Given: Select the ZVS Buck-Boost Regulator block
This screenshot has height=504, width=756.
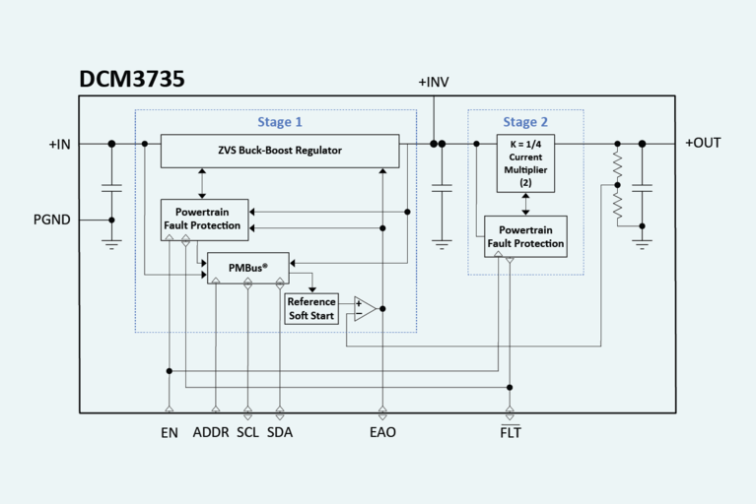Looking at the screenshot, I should click(280, 151).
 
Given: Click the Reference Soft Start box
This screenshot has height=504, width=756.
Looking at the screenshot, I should click(311, 308).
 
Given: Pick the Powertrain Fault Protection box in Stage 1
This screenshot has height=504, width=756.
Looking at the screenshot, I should click(205, 218).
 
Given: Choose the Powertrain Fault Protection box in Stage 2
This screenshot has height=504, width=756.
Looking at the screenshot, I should click(525, 236).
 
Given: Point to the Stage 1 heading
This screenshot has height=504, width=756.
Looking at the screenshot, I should click(280, 122).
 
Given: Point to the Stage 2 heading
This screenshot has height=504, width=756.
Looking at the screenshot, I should click(525, 122).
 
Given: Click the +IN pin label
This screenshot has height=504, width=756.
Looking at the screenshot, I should click(60, 144).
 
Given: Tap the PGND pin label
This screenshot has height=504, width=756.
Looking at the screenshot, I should click(51, 220).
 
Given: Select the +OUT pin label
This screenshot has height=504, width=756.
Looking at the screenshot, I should click(703, 143).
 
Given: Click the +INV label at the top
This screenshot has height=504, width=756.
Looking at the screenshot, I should click(433, 82).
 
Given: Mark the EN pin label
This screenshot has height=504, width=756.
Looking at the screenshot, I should click(170, 432).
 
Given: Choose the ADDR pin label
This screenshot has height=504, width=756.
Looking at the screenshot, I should click(211, 432).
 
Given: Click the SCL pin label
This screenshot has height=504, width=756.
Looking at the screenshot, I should click(247, 432).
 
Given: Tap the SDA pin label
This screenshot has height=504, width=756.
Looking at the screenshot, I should click(280, 432).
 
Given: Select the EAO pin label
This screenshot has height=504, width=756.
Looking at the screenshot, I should click(381, 432).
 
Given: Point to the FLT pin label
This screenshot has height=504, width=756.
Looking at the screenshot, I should click(510, 432).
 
